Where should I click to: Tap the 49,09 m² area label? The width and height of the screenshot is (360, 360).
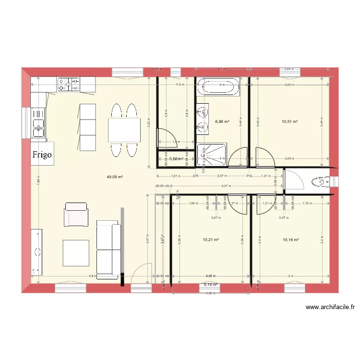(x=115, y=177)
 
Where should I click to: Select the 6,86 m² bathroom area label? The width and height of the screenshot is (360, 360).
(x=222, y=122)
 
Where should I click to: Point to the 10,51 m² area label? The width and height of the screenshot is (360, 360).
(x=290, y=122)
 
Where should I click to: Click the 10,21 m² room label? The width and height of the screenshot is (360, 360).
(x=211, y=240)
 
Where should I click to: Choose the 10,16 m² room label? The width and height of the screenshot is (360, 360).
(x=291, y=240)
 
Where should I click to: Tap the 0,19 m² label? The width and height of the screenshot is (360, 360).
(x=211, y=284)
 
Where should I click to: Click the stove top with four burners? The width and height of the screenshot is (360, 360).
(x=69, y=85)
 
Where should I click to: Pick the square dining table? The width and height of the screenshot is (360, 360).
(x=124, y=130)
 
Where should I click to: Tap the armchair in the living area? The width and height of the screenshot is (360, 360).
(x=76, y=214)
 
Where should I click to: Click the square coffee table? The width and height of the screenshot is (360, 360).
(x=76, y=253)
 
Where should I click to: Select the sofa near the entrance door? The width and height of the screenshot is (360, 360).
(x=108, y=250)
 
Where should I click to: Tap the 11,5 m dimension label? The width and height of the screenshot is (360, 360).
(x=179, y=84)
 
